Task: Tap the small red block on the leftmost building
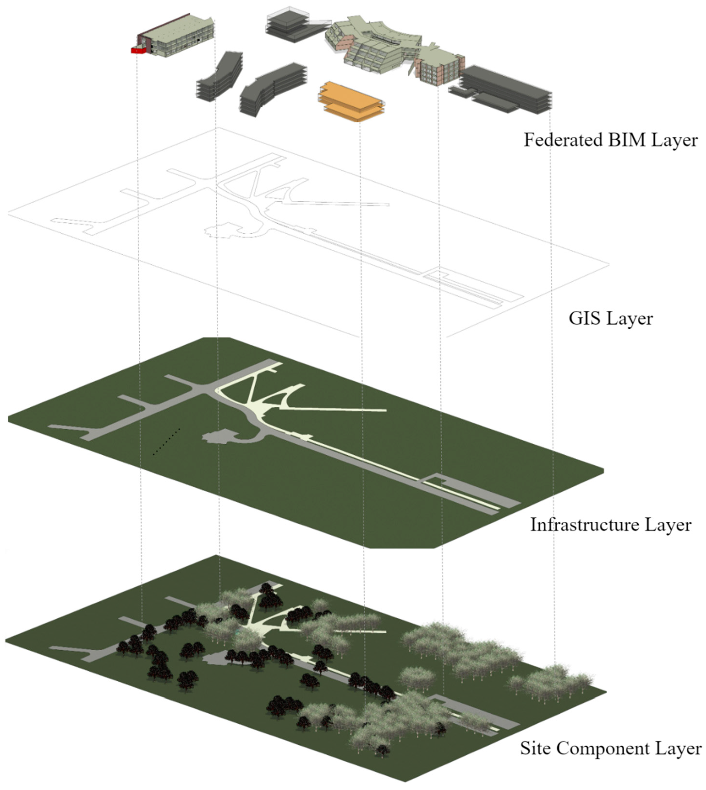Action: click(136, 50)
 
